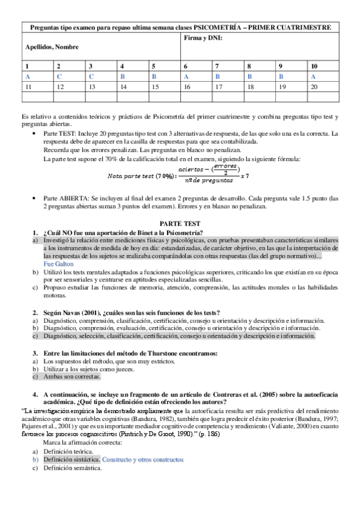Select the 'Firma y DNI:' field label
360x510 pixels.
pos(203,38)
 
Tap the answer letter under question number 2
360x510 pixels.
pos(59,76)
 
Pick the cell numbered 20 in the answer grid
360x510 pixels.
pos(314,87)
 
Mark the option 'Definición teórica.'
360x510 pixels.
pos(67,450)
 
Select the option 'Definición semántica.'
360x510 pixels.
pos(71,467)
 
